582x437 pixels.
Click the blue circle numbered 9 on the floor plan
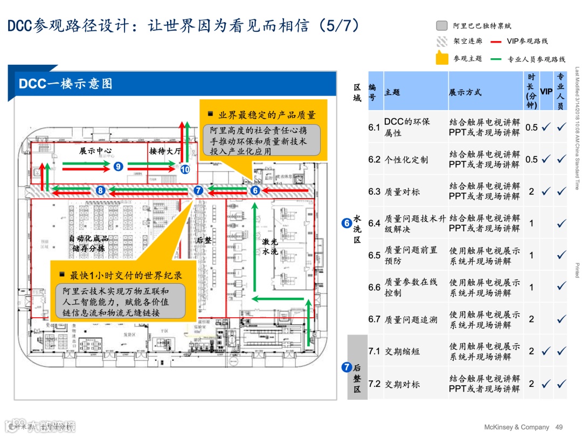tap(119, 167)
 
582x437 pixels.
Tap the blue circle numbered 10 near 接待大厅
tap(185, 169)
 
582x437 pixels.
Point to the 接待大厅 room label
tap(165, 151)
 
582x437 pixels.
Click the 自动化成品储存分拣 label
tap(88, 243)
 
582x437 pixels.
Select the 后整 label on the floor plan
tap(204, 240)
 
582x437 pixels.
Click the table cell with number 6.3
tap(375, 191)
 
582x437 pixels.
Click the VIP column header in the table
tap(546, 92)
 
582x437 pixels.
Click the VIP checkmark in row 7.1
tap(546, 351)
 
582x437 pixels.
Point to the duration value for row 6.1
tap(531, 127)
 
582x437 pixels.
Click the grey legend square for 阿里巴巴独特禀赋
tap(442, 25)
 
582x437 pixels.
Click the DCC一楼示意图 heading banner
tap(66, 84)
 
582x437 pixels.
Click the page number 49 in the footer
tap(559, 427)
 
